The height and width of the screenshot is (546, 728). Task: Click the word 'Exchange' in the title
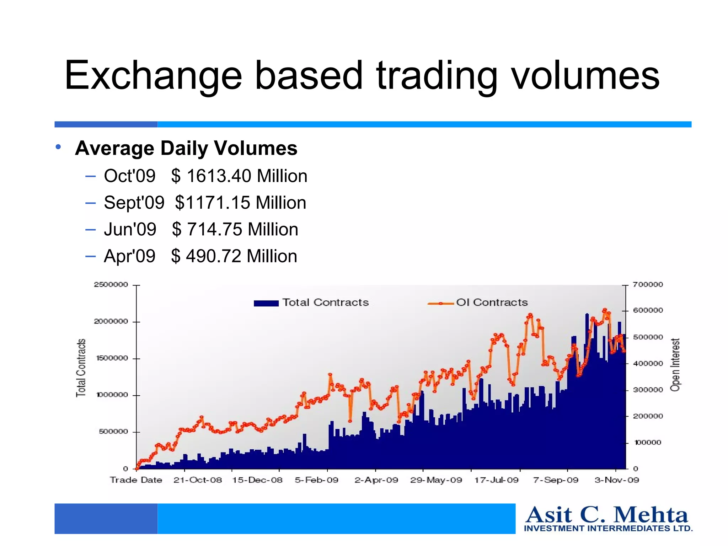pos(153,75)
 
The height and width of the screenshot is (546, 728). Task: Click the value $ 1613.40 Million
pos(239,176)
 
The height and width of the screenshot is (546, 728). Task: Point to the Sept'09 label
pos(134,203)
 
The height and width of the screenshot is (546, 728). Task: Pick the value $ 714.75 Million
pos(235,229)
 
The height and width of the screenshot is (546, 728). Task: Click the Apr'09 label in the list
pos(129,256)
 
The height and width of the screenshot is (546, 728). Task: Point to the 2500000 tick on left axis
pos(111,284)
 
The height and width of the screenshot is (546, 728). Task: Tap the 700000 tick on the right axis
pos(648,284)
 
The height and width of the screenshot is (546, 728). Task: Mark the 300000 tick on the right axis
pos(648,390)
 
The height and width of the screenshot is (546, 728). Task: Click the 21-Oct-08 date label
pos(198,480)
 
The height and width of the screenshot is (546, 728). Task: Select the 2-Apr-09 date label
pos(376,480)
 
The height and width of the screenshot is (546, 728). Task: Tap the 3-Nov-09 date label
pos(617,480)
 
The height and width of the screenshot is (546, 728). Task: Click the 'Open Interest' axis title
pos(675,365)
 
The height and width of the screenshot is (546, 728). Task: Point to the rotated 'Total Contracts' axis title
pos(81,368)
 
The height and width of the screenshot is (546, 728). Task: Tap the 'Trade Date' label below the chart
pos(136,480)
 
